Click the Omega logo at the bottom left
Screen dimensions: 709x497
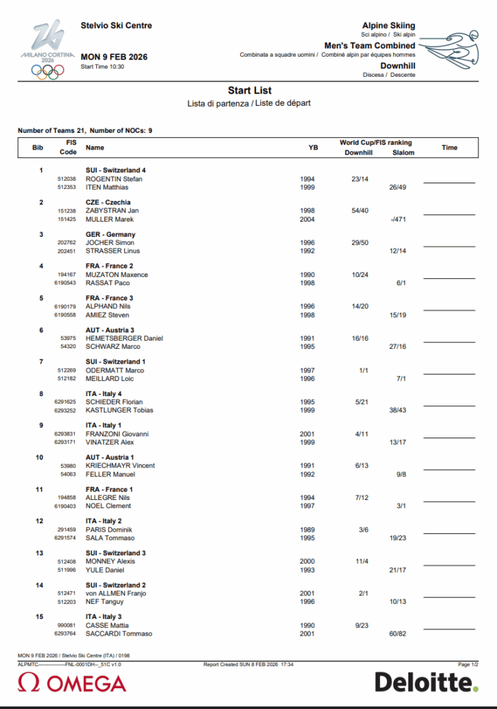pyautogui.click(x=72, y=683)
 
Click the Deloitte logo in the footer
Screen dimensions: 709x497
pyautogui.click(x=426, y=682)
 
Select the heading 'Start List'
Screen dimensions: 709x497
pyautogui.click(x=249, y=91)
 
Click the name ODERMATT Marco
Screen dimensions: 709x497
pyautogui.click(x=115, y=370)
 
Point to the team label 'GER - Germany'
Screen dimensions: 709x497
pyautogui.click(x=110, y=235)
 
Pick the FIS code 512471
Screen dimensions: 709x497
pyautogui.click(x=66, y=593)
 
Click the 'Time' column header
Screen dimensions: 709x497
pyautogui.click(x=449, y=147)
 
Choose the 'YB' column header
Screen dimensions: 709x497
pyautogui.click(x=313, y=147)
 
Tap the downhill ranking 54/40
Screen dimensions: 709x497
pyautogui.click(x=359, y=210)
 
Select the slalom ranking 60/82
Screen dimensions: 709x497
pyautogui.click(x=397, y=634)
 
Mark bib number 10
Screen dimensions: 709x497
pyautogui.click(x=39, y=458)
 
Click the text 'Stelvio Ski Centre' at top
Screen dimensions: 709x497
pyautogui.click(x=116, y=26)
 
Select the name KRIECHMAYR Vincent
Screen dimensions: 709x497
pyautogui.click(x=120, y=466)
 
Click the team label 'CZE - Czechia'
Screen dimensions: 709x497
pyautogui.click(x=108, y=202)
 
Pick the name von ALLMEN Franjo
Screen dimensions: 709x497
pyautogui.click(x=115, y=593)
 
